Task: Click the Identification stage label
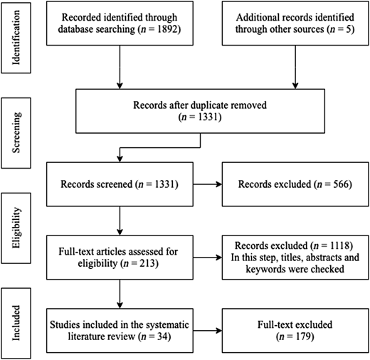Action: point(16,38)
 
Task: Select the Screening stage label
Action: point(16,133)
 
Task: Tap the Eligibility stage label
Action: point(16,228)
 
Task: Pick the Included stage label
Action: point(16,323)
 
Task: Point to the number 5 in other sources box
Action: point(349,29)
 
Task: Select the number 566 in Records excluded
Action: point(341,184)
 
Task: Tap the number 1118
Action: point(339,245)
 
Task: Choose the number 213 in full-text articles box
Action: point(147,263)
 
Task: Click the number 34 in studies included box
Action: point(162,337)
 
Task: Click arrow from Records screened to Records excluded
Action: point(208,184)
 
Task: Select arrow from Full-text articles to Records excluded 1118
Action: point(208,258)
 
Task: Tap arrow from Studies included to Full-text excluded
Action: point(208,331)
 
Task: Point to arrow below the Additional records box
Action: point(295,67)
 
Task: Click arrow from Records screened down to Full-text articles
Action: point(120,221)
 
